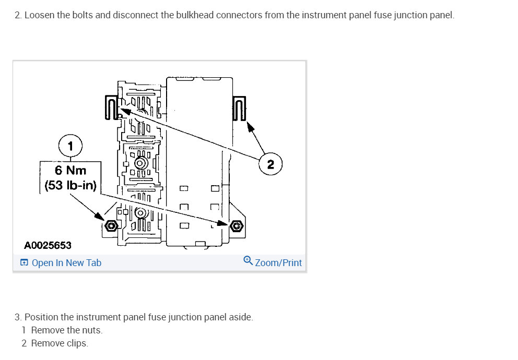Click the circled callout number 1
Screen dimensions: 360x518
(71, 145)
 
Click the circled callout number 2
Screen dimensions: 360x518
(270, 164)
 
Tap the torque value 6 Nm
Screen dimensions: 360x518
(70, 170)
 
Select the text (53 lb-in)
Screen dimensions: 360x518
(70, 185)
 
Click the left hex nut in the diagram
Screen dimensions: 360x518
(110, 226)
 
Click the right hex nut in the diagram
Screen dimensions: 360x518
(237, 226)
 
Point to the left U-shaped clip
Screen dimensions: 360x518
(111, 107)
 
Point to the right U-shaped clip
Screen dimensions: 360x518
(239, 107)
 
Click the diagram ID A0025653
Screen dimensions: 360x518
(48, 245)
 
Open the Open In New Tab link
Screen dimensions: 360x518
(66, 263)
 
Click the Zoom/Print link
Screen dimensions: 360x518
(278, 263)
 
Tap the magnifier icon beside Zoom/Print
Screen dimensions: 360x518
(249, 261)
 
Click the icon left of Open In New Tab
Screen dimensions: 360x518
(24, 263)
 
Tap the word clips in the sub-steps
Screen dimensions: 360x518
(77, 343)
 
